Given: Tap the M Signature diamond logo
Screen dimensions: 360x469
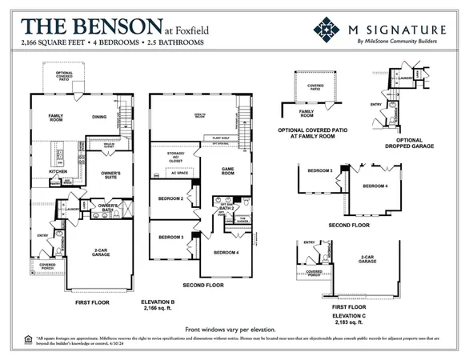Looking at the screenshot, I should (x=326, y=30).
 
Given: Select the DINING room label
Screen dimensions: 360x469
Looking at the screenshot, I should (x=100, y=118).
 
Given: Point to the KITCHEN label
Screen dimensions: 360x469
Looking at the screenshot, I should (x=58, y=171).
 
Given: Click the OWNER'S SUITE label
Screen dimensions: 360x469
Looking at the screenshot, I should (x=110, y=175).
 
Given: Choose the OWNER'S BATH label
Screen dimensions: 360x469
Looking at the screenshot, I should (x=109, y=207).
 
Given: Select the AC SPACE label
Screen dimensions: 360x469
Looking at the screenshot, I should (x=179, y=173).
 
